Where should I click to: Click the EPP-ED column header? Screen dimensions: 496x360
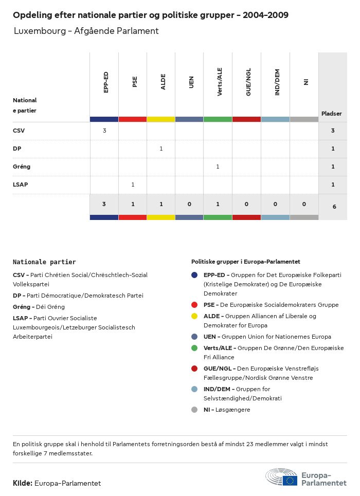106,82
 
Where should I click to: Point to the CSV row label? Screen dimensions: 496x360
19,131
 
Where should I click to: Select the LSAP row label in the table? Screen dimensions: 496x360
21,185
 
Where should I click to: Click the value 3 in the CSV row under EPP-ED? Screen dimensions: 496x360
104,131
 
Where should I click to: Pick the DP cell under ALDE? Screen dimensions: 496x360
161,149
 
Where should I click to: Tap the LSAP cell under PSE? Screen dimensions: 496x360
133,185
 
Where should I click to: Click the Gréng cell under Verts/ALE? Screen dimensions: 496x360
218,167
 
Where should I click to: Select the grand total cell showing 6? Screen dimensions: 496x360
333,207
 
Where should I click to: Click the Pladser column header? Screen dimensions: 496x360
332,114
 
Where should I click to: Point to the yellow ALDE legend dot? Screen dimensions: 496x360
194,316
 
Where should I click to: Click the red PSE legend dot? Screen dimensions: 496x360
194,305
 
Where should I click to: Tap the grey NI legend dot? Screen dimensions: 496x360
194,410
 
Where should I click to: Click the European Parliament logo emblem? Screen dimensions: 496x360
282,477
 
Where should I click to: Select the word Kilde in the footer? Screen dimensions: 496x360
23,483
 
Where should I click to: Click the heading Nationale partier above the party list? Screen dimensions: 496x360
44,262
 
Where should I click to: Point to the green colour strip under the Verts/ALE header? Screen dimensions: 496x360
218,119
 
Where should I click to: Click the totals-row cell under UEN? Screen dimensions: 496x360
189,204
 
